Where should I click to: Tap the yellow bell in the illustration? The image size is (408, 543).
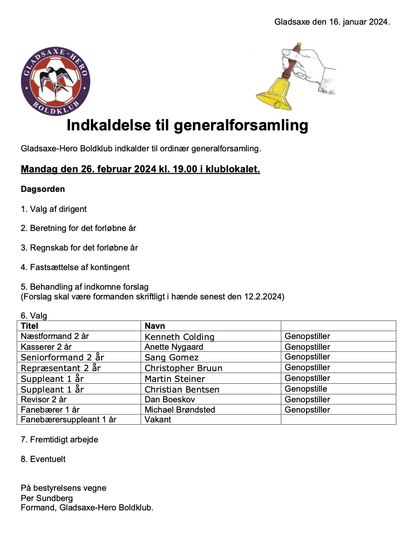(273, 93)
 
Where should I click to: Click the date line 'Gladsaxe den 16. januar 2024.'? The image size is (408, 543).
(332, 22)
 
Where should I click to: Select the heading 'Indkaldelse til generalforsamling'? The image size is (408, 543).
(187, 125)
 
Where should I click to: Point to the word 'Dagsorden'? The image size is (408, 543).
(43, 190)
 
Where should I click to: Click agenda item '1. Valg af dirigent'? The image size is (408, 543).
(54, 209)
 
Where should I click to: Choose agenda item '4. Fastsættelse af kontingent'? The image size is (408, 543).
(75, 267)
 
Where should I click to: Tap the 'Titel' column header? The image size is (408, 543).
(30, 326)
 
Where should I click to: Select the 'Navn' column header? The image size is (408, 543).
(155, 326)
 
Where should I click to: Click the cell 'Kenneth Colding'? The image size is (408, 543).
(179, 337)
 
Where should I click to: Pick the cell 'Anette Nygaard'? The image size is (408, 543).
(174, 347)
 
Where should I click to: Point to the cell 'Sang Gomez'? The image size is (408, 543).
(171, 358)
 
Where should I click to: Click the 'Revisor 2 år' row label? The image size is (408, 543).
(44, 400)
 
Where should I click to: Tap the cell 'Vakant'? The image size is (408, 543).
(158, 420)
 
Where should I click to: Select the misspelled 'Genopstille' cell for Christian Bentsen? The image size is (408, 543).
(306, 389)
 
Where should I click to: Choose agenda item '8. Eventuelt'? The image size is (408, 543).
(43, 459)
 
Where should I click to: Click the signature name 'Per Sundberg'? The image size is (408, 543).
(47, 498)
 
